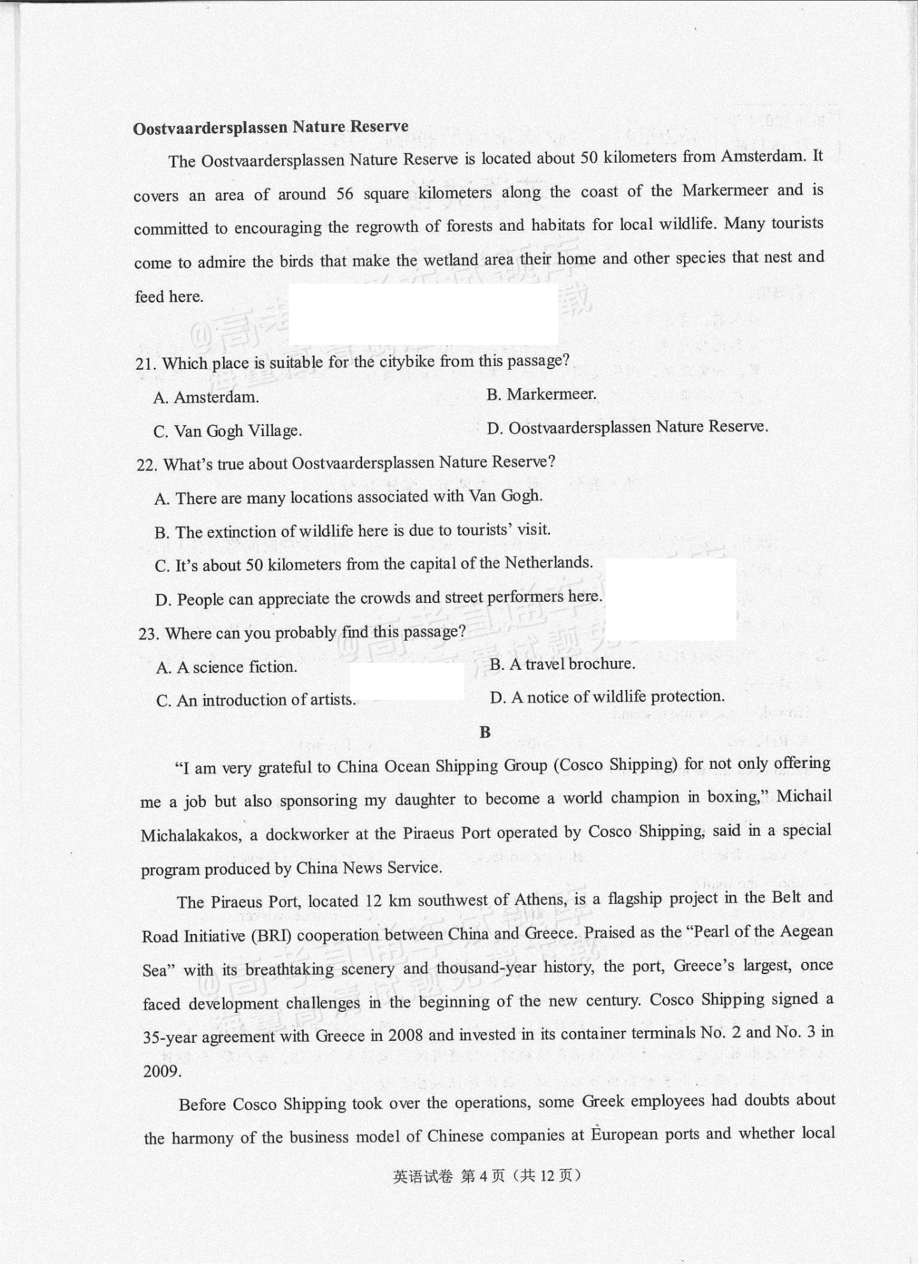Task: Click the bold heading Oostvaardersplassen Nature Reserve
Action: click(x=270, y=127)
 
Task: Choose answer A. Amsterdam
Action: click(x=206, y=397)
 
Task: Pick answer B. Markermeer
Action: click(x=541, y=395)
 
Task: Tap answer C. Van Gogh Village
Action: click(x=228, y=431)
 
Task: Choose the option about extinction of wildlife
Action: click(x=353, y=531)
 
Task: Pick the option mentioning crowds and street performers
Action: click(x=378, y=599)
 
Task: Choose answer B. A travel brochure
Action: click(x=562, y=664)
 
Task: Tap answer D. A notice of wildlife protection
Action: click(x=607, y=697)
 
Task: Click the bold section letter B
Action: click(x=485, y=732)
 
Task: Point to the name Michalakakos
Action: click(x=191, y=835)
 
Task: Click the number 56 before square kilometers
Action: click(x=344, y=193)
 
